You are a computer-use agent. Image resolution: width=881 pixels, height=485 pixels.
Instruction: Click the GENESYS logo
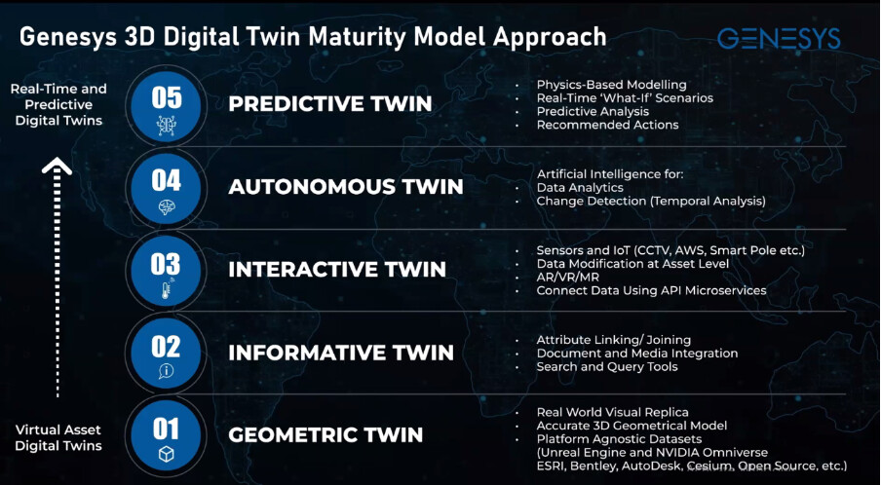779,38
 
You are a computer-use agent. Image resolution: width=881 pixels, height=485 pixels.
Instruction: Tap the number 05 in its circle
167,97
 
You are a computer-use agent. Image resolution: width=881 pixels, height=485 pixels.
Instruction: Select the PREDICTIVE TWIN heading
329,104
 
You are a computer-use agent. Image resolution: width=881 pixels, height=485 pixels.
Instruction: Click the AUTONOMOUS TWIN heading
346,186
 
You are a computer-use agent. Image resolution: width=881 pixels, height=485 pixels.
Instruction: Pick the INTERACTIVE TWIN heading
337,270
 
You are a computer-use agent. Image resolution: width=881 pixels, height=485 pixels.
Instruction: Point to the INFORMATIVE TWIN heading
341,353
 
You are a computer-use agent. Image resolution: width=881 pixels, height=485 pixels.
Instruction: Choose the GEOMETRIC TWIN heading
326,435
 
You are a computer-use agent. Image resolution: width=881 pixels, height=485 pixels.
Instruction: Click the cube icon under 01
167,454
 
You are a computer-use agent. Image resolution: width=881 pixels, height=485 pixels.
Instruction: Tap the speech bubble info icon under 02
167,371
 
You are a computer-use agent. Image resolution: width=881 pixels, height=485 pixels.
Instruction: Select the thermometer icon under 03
167,289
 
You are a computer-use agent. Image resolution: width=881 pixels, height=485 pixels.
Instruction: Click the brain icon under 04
167,207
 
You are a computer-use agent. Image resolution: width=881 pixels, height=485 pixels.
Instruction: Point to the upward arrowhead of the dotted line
57,166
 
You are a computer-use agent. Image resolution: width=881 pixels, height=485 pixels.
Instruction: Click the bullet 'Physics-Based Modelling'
611,85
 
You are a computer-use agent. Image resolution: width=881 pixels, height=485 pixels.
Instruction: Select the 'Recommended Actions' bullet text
607,126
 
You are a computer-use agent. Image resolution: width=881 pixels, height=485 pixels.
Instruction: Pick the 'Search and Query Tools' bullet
607,367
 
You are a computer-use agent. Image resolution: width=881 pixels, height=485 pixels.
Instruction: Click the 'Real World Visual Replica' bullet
612,413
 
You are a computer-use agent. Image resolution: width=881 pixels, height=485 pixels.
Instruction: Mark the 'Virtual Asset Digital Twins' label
58,438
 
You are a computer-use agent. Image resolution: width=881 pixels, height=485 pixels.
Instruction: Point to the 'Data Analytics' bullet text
580,188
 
